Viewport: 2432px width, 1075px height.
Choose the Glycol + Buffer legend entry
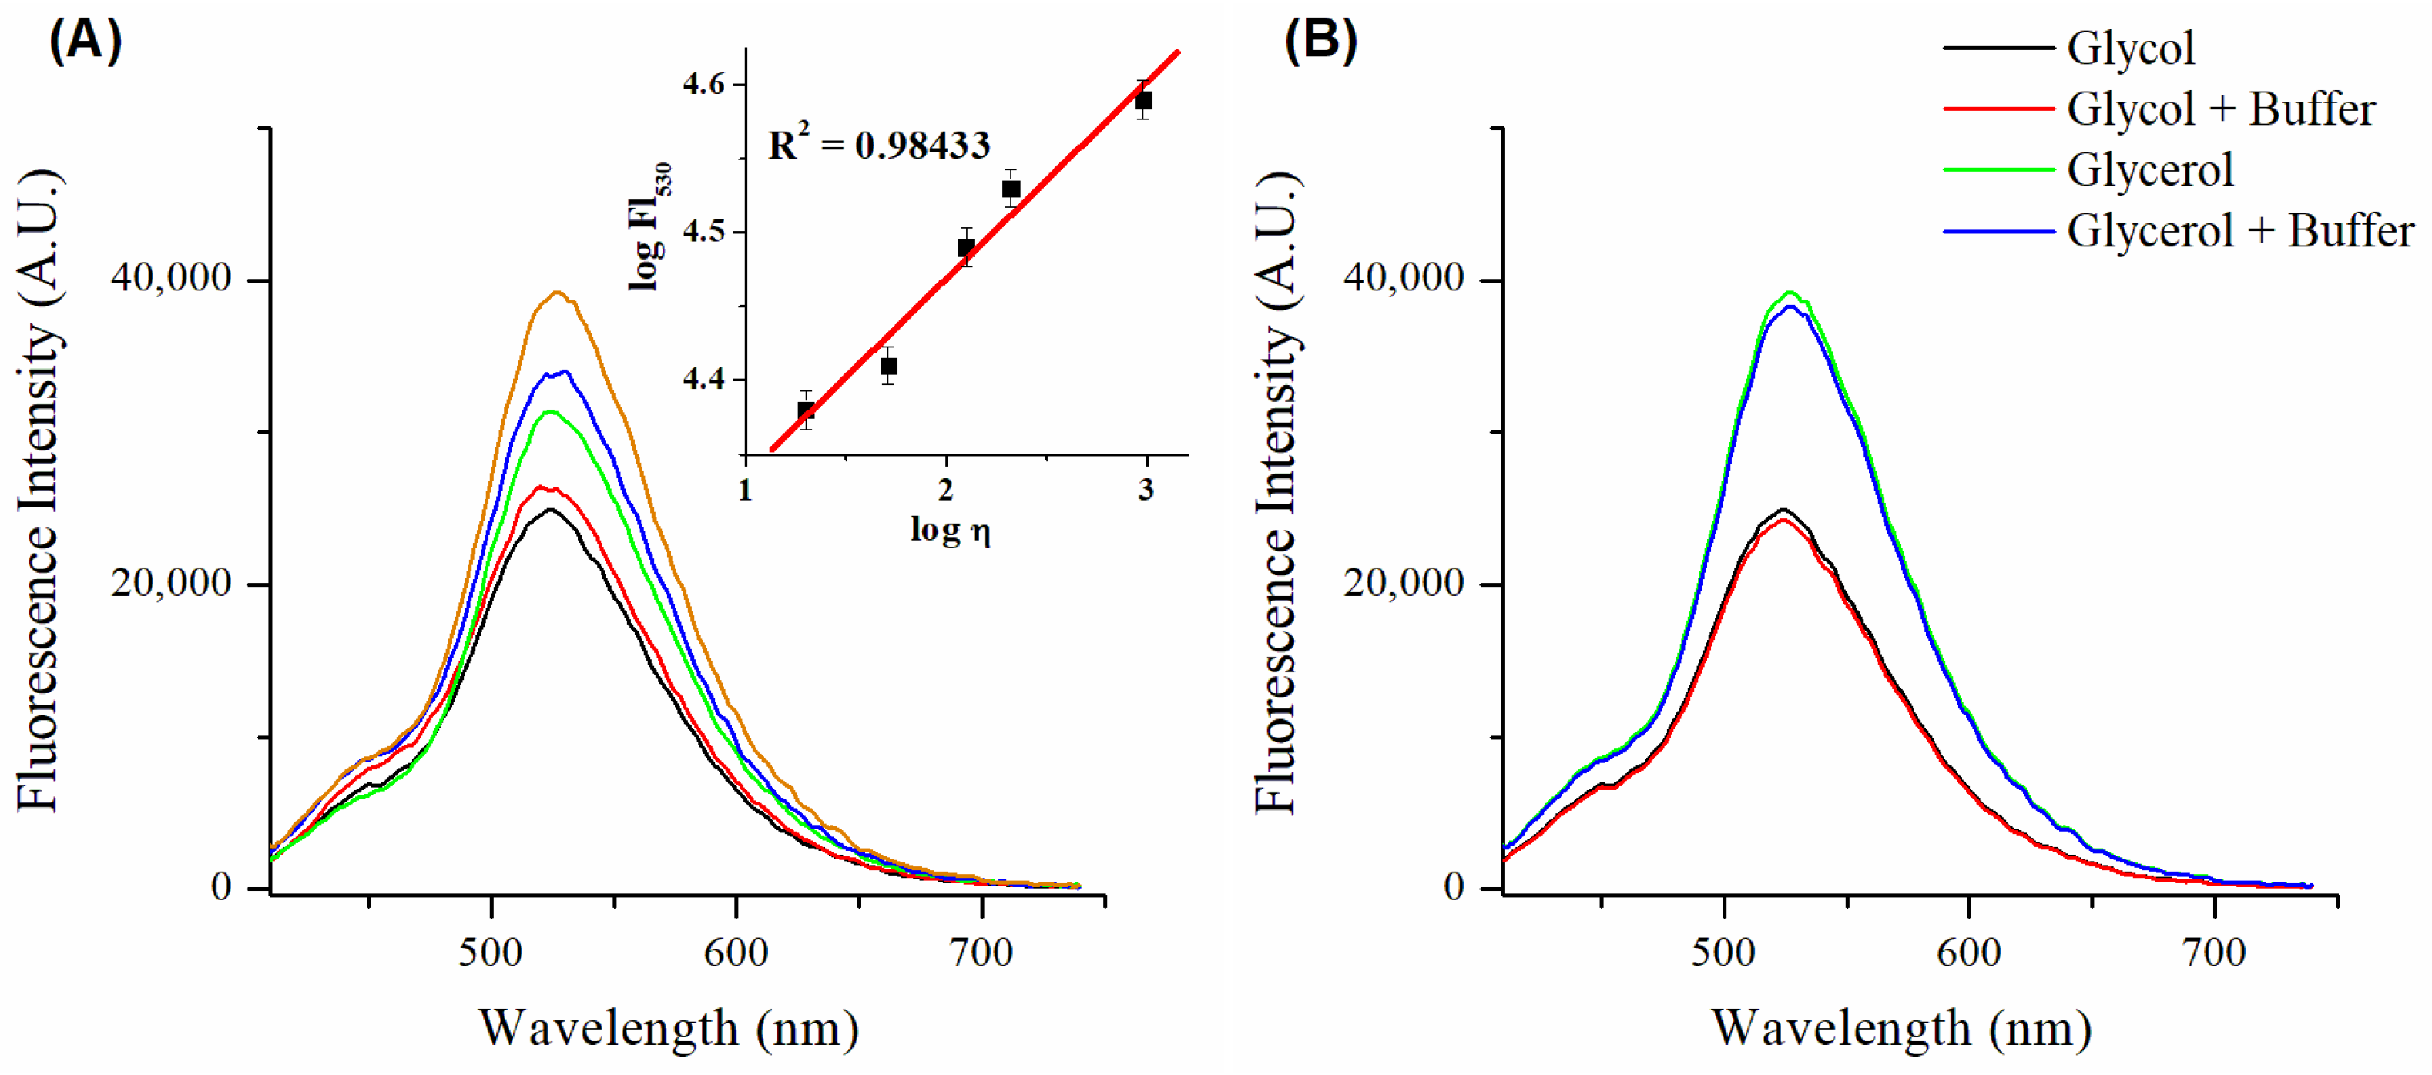point(2219,109)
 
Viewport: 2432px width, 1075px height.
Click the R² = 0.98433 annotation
point(878,145)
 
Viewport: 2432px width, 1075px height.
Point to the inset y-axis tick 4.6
point(703,84)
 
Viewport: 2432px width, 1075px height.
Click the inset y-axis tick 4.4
point(703,380)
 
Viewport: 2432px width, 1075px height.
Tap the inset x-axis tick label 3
point(1146,489)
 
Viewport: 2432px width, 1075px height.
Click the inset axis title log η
point(950,530)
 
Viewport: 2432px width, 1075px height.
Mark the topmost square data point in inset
point(1143,100)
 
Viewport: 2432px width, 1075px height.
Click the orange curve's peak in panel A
point(557,293)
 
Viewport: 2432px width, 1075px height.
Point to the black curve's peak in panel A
point(549,510)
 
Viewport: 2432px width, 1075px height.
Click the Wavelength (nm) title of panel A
point(669,1028)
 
